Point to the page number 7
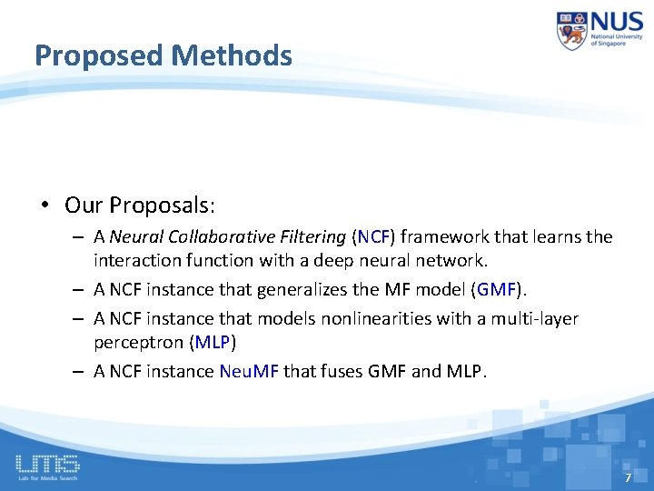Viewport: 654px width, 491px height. pos(627,477)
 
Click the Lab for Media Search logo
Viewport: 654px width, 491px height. pos(47,466)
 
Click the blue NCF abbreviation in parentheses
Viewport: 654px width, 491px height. pos(373,237)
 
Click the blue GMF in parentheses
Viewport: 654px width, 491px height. pos(496,290)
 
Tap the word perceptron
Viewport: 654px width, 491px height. pos(138,342)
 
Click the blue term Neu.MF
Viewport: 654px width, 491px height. pos(249,371)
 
